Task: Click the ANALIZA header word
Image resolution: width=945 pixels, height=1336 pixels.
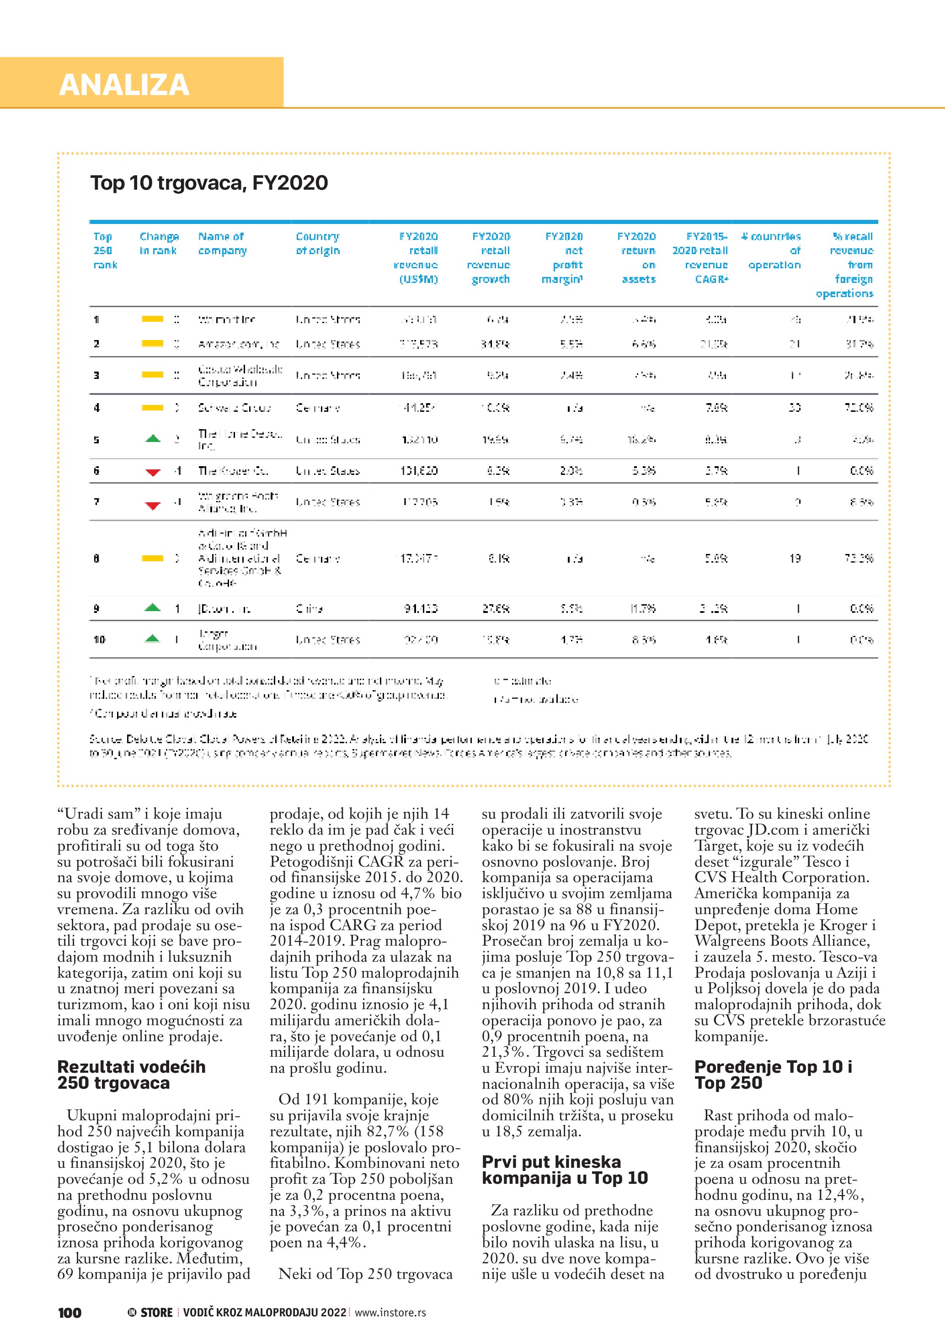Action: pyautogui.click(x=124, y=85)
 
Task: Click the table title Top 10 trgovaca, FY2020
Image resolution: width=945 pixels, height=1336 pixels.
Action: pyautogui.click(x=209, y=183)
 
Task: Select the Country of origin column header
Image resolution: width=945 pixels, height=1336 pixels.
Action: pyautogui.click(x=318, y=244)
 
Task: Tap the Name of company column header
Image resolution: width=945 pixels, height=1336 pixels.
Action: pyautogui.click(x=222, y=244)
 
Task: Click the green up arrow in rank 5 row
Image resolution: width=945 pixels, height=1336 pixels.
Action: pyautogui.click(x=152, y=439)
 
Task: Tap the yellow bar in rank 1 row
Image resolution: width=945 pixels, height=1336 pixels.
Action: pyautogui.click(x=152, y=319)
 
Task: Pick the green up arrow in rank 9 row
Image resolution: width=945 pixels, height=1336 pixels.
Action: pyautogui.click(x=152, y=608)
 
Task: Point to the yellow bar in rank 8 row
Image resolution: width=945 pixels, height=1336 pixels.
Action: pyautogui.click(x=152, y=559)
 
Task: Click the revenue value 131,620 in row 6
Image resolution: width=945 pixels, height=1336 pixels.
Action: pyautogui.click(x=419, y=471)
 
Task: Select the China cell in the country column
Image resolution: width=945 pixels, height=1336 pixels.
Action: pyautogui.click(x=309, y=609)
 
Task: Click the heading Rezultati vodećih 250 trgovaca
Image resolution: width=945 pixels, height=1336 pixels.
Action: pyautogui.click(x=132, y=1075)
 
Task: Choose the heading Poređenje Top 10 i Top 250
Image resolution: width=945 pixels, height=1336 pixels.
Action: pyautogui.click(x=774, y=1075)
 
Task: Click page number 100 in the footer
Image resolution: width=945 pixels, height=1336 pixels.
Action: pyautogui.click(x=70, y=1312)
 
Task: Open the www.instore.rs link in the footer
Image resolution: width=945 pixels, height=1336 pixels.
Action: pyautogui.click(x=390, y=1312)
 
